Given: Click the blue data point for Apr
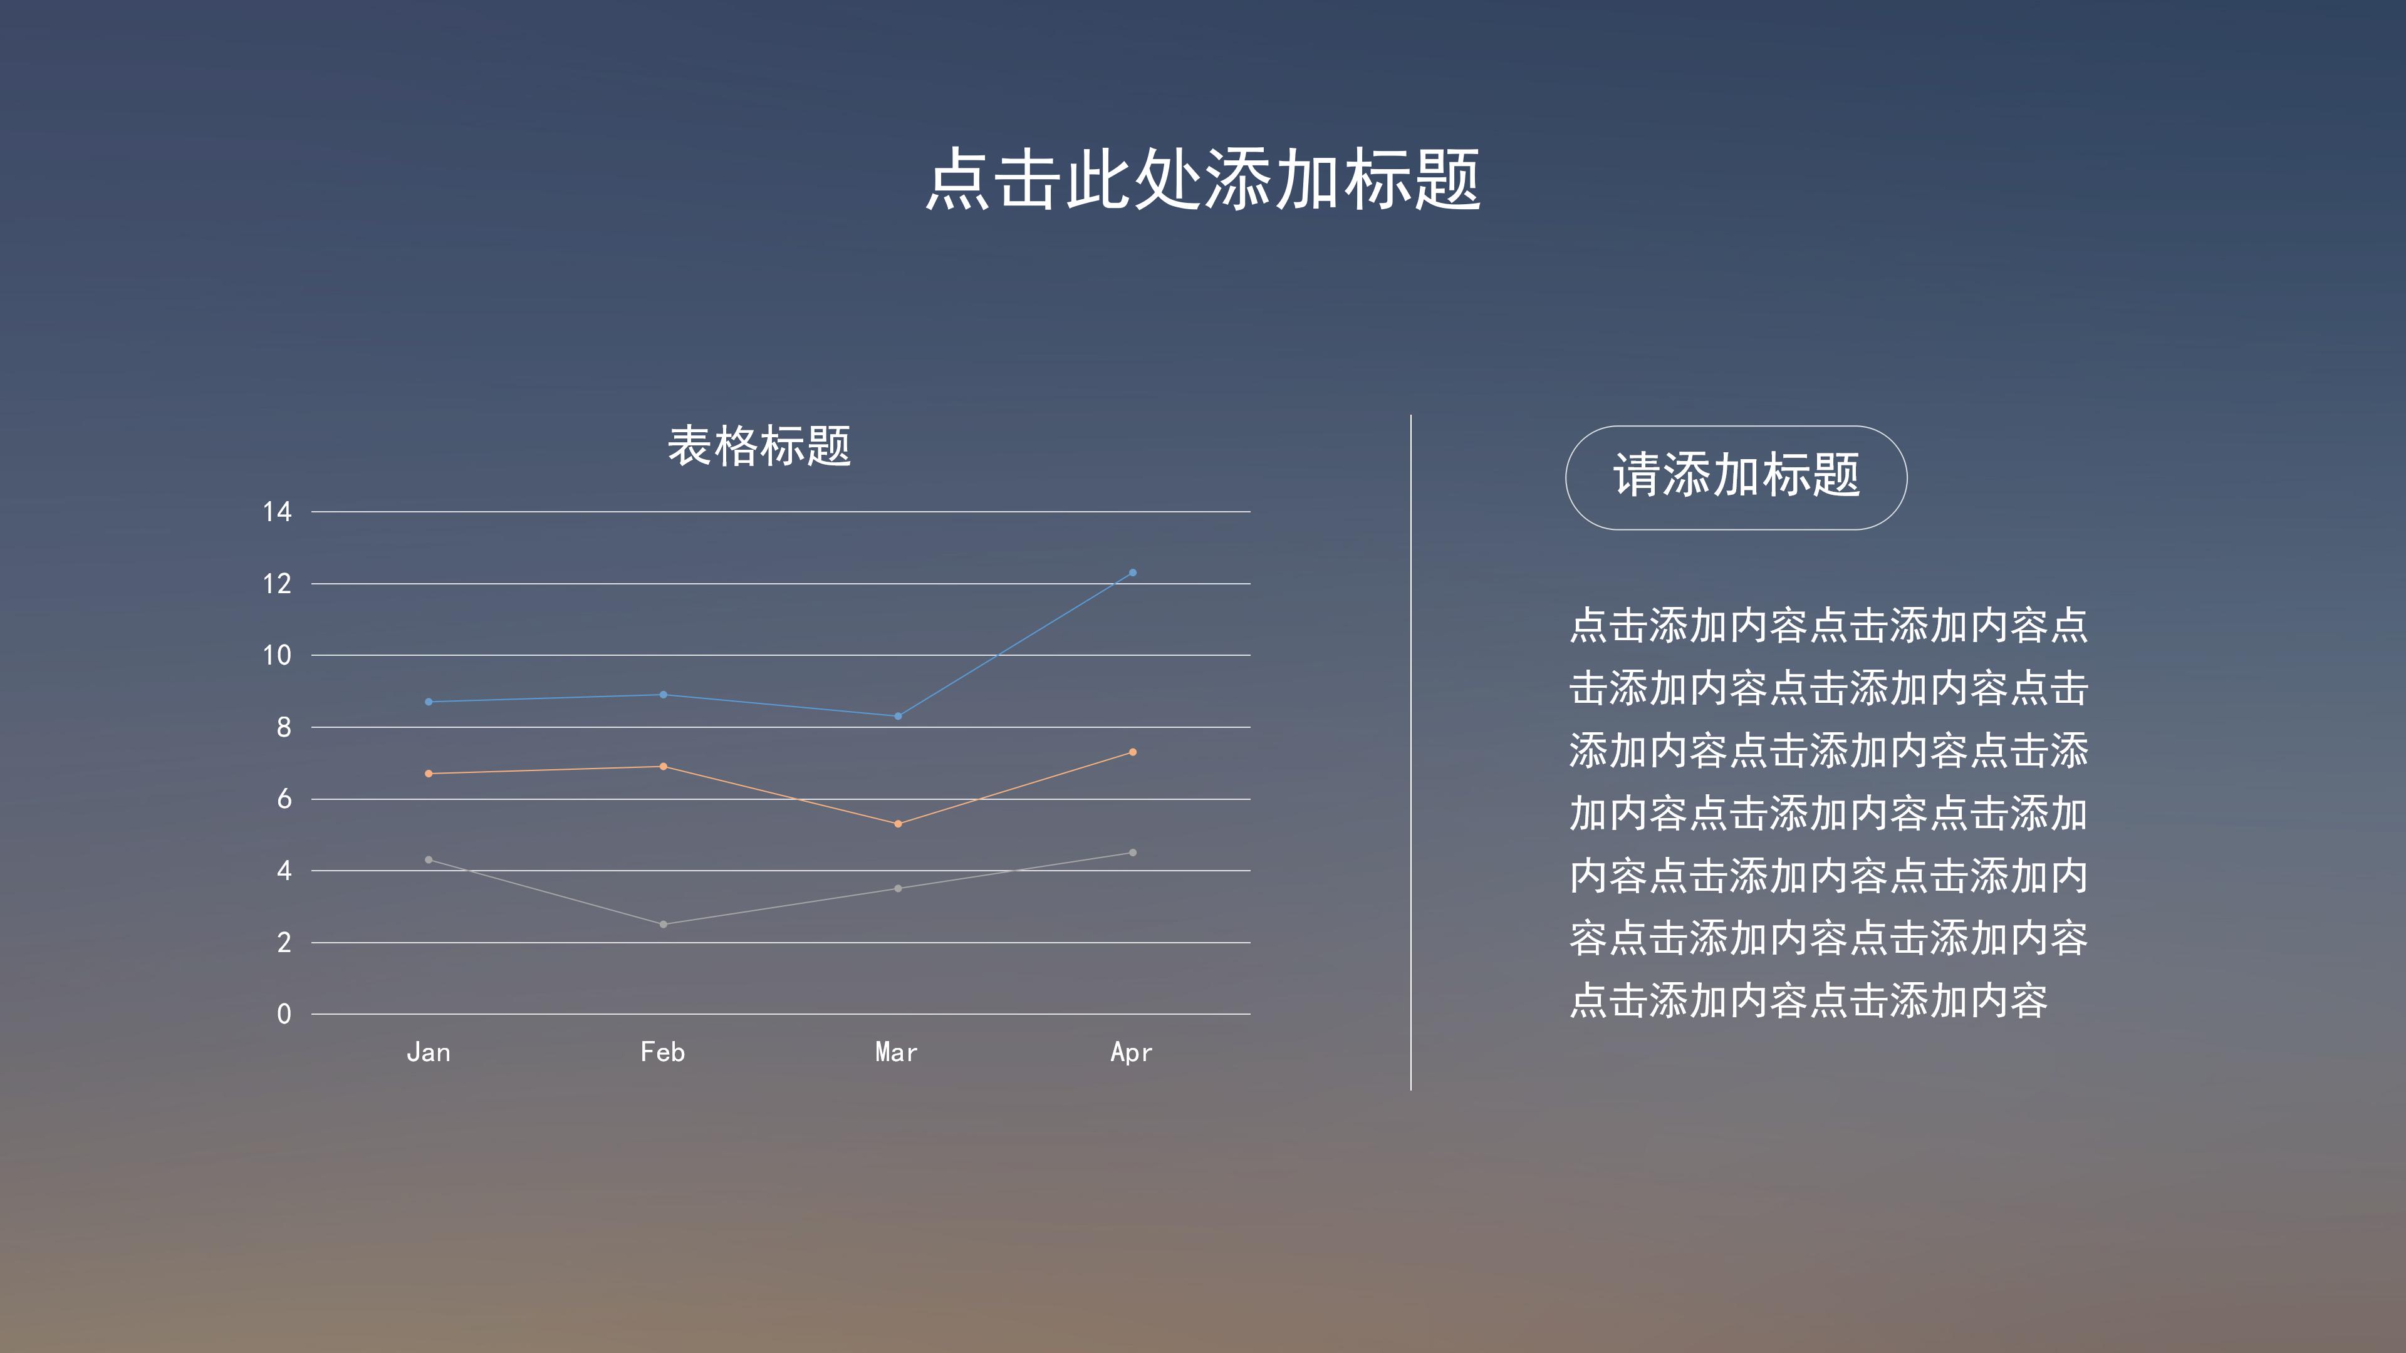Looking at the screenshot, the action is (x=1132, y=573).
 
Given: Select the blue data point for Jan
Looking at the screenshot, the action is (x=429, y=702).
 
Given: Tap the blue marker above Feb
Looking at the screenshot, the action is (x=663, y=695).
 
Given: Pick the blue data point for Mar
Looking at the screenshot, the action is (x=898, y=716).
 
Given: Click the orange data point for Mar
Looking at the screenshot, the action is (x=898, y=824).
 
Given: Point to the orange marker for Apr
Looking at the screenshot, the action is (x=1132, y=752).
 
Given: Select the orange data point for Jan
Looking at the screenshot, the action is (x=429, y=773).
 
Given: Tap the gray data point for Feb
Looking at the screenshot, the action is (x=663, y=925).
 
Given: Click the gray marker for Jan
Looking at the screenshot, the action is (x=429, y=859).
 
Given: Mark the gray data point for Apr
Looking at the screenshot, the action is (x=1132, y=853).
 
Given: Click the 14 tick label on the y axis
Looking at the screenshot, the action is (x=278, y=512).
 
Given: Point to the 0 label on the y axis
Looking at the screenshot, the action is (x=284, y=1014).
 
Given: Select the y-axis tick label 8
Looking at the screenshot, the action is (x=284, y=727).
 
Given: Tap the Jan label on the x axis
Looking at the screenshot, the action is (x=429, y=1052).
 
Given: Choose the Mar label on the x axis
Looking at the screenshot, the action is (x=897, y=1052).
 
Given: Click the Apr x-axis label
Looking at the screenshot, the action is (x=1131, y=1053).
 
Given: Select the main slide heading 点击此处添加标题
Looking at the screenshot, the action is (x=1203, y=179).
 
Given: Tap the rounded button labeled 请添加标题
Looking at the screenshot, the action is (x=1736, y=477).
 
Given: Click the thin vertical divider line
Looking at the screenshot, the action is (x=1410, y=752).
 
